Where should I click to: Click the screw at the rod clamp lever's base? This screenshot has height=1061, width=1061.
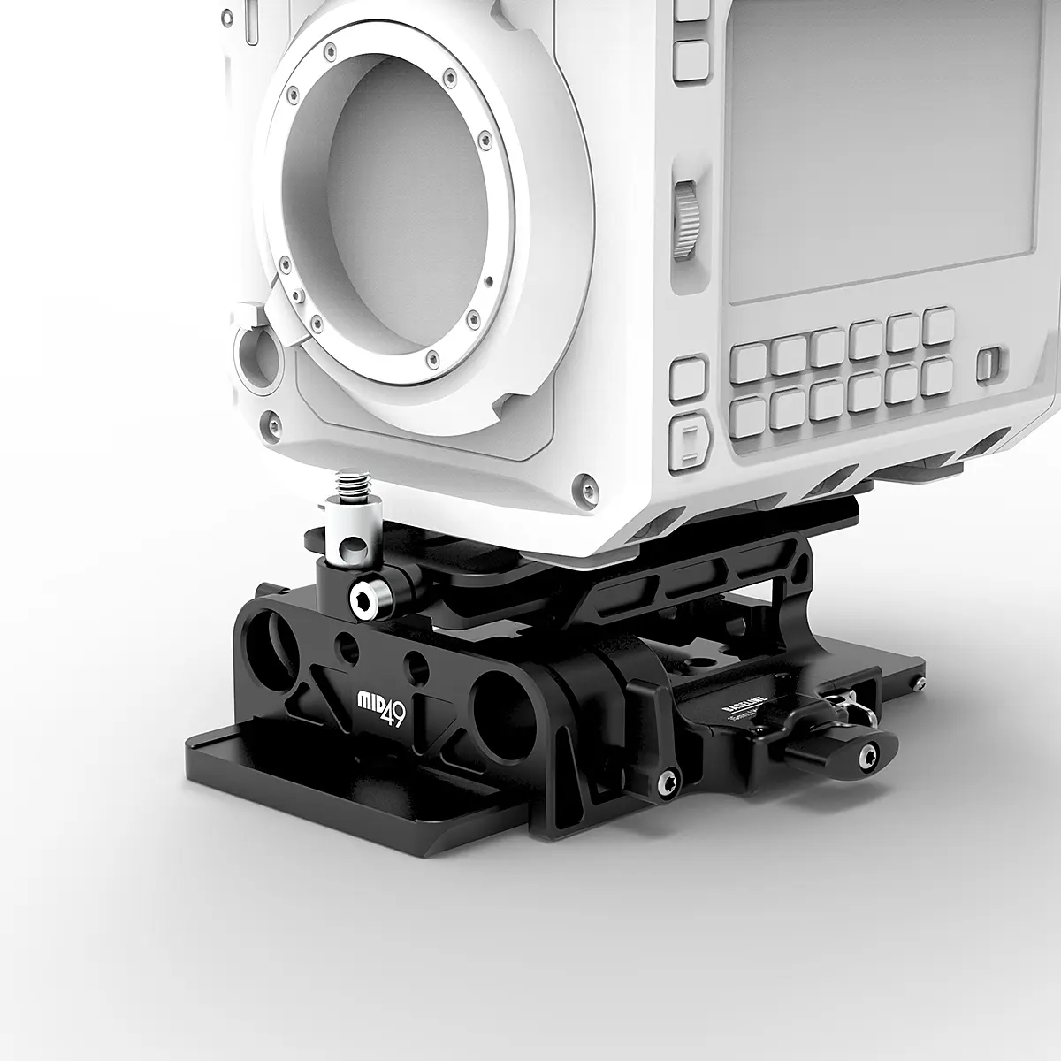[668, 781]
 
